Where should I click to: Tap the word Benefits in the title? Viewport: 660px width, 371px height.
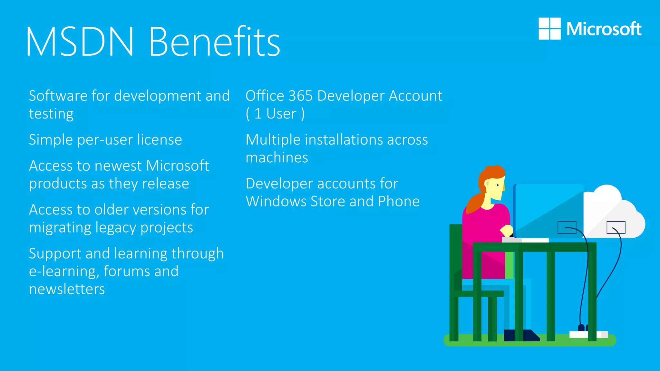[x=214, y=42]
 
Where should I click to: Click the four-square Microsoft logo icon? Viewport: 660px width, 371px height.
[x=549, y=29]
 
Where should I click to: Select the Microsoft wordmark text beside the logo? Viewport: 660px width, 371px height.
[x=604, y=29]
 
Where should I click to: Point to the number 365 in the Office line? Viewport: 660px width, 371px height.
[x=300, y=96]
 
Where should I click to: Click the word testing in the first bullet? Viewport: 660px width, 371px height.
[x=51, y=114]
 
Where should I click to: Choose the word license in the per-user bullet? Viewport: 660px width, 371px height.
[x=160, y=140]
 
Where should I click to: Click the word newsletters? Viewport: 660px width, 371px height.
[x=67, y=289]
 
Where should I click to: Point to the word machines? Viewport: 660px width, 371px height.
[x=277, y=158]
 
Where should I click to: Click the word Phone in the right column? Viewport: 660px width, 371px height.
[x=399, y=202]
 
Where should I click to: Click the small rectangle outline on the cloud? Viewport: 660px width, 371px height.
[x=616, y=227]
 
